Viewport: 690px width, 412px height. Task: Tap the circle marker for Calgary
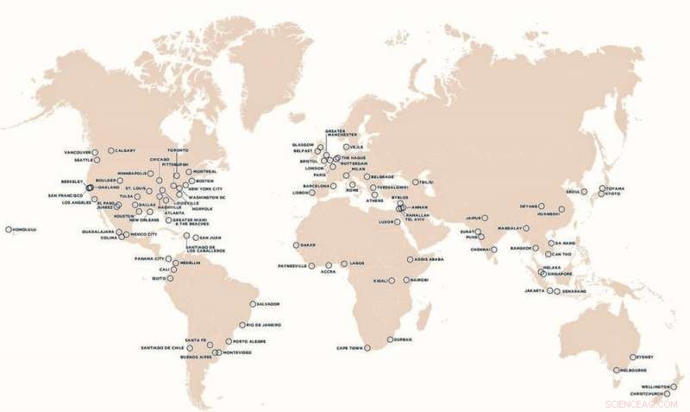click(x=110, y=150)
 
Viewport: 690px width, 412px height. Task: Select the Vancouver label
click(x=78, y=153)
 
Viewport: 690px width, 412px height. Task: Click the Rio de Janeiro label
click(x=265, y=325)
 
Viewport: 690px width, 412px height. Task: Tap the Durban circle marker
click(x=390, y=339)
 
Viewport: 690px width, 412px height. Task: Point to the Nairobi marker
click(x=406, y=280)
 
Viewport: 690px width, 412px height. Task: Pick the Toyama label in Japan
click(x=614, y=188)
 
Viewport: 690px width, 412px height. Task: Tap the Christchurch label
click(x=649, y=394)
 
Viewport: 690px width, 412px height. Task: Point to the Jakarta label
click(x=534, y=291)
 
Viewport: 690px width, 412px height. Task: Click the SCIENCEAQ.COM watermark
click(x=643, y=402)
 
